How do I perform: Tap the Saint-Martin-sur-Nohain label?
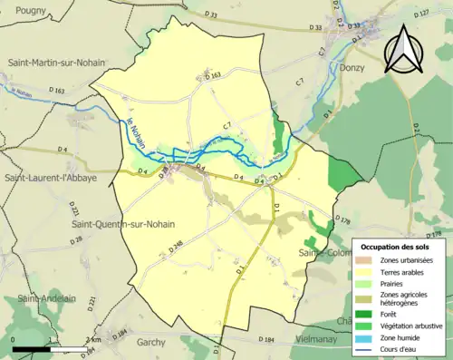[56, 62]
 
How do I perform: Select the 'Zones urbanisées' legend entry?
[407, 261]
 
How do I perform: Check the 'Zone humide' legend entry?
[401, 337]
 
